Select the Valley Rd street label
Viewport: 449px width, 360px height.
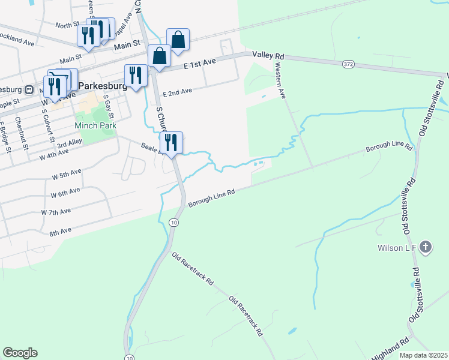point(268,55)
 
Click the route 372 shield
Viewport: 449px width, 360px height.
point(349,64)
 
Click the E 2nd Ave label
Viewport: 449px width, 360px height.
point(178,91)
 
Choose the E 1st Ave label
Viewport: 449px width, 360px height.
point(200,62)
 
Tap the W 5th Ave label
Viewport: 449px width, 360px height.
point(66,173)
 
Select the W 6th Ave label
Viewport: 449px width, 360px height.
point(65,193)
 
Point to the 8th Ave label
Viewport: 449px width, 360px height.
point(61,230)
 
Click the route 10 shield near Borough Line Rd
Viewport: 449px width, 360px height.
point(173,223)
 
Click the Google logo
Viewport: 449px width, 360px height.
point(20,353)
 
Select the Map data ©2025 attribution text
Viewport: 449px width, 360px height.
point(423,355)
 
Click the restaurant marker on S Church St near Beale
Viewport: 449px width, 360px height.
point(172,143)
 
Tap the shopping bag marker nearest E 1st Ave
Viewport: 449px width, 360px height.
point(159,56)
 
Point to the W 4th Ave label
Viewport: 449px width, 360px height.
point(53,155)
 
